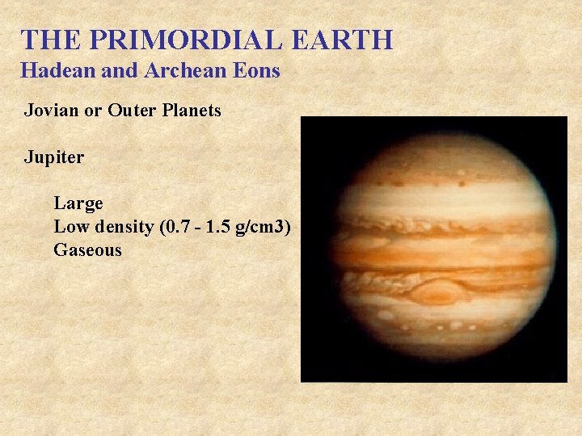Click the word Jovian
[x=49, y=111]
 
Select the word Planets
[x=189, y=111]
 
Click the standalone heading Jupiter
[x=53, y=157]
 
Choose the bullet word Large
[x=78, y=204]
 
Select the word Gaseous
[x=87, y=250]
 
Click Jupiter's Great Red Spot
[x=437, y=291]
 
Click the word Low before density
[x=70, y=227]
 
